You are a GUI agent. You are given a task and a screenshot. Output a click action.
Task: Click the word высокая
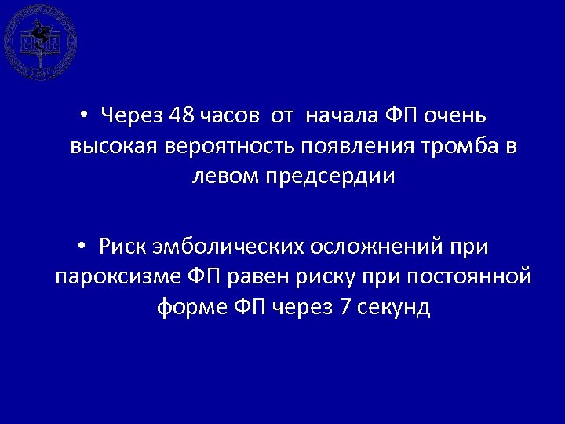click(116, 147)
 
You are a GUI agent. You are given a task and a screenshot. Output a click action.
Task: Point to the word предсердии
click(334, 177)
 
